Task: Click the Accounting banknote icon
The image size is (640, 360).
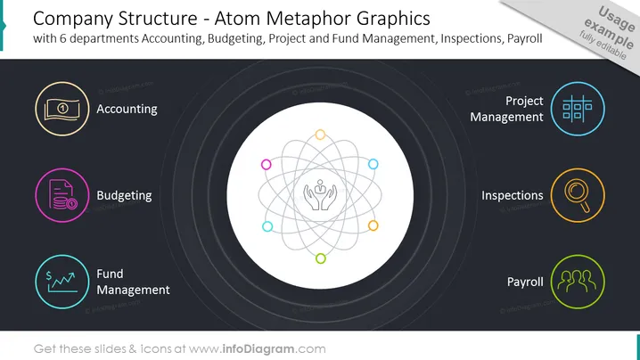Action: pyautogui.click(x=62, y=109)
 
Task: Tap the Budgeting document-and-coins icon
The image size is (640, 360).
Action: pyautogui.click(x=62, y=195)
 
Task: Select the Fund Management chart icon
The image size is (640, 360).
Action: pyautogui.click(x=62, y=282)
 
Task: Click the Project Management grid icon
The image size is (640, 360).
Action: pyautogui.click(x=578, y=109)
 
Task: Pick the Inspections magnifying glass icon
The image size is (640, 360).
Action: pyautogui.click(x=578, y=195)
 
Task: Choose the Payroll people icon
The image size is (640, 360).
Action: pyautogui.click(x=578, y=282)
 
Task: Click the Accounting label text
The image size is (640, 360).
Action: pyautogui.click(x=127, y=110)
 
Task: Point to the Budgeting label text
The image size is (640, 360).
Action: pyautogui.click(x=124, y=195)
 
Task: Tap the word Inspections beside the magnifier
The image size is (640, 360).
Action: pyautogui.click(x=513, y=195)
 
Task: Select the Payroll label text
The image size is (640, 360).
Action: pyautogui.click(x=525, y=282)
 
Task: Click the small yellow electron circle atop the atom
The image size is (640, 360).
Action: pyautogui.click(x=320, y=135)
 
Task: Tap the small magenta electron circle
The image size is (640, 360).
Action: pyautogui.click(x=267, y=165)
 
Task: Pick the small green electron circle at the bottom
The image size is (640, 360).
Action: pyautogui.click(x=321, y=258)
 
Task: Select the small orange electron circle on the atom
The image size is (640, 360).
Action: pyautogui.click(x=373, y=225)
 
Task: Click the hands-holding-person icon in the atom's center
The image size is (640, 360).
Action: pyautogui.click(x=320, y=195)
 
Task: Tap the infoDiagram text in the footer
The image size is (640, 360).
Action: pyautogui.click(x=258, y=349)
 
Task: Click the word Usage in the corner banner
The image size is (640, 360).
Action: pyautogui.click(x=616, y=19)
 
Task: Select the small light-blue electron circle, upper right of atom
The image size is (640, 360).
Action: pyautogui.click(x=373, y=164)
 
